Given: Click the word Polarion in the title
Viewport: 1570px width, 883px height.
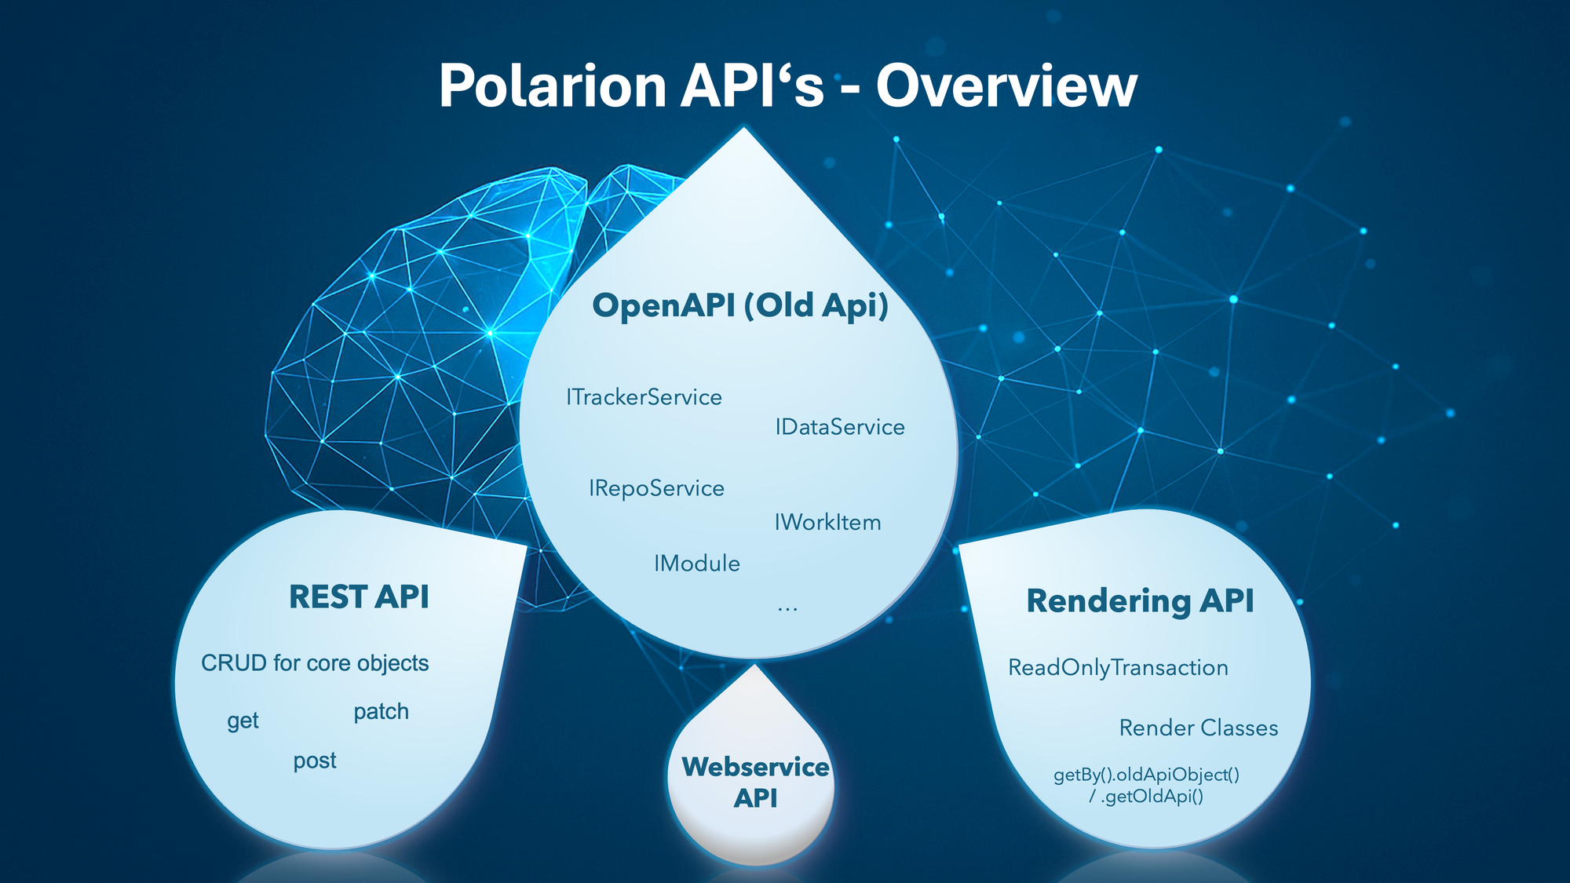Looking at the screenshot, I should point(553,86).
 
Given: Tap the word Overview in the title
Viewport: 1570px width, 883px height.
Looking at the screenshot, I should point(1006,86).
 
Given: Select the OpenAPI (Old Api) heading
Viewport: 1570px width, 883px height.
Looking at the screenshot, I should point(740,305).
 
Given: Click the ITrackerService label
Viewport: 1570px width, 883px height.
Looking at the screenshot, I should point(644,397).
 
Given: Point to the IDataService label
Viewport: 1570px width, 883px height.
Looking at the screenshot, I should point(840,427).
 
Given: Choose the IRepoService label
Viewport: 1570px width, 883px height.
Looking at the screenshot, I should point(656,488).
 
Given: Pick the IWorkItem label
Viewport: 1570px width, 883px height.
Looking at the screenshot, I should point(827,523).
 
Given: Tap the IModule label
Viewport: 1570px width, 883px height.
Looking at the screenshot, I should point(697,564).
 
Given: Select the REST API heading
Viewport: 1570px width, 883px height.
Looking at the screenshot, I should point(359,597).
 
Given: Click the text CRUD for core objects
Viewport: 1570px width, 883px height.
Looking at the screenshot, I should point(315,663).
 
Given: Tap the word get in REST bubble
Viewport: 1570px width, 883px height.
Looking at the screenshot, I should point(243,721).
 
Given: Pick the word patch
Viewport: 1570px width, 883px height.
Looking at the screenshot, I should point(381,712).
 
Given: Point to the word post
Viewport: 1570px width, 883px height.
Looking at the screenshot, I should point(315,761).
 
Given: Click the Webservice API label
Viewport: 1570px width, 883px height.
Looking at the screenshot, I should point(755,782).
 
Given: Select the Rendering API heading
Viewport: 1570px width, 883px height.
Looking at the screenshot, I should point(1140,601).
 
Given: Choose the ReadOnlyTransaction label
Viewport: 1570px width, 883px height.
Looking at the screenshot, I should point(1118,668).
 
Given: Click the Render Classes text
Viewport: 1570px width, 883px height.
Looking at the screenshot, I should point(1199,728).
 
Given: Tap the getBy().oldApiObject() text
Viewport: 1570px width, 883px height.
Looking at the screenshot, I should point(1146,775).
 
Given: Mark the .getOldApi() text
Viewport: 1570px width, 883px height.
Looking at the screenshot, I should point(1152,797).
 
